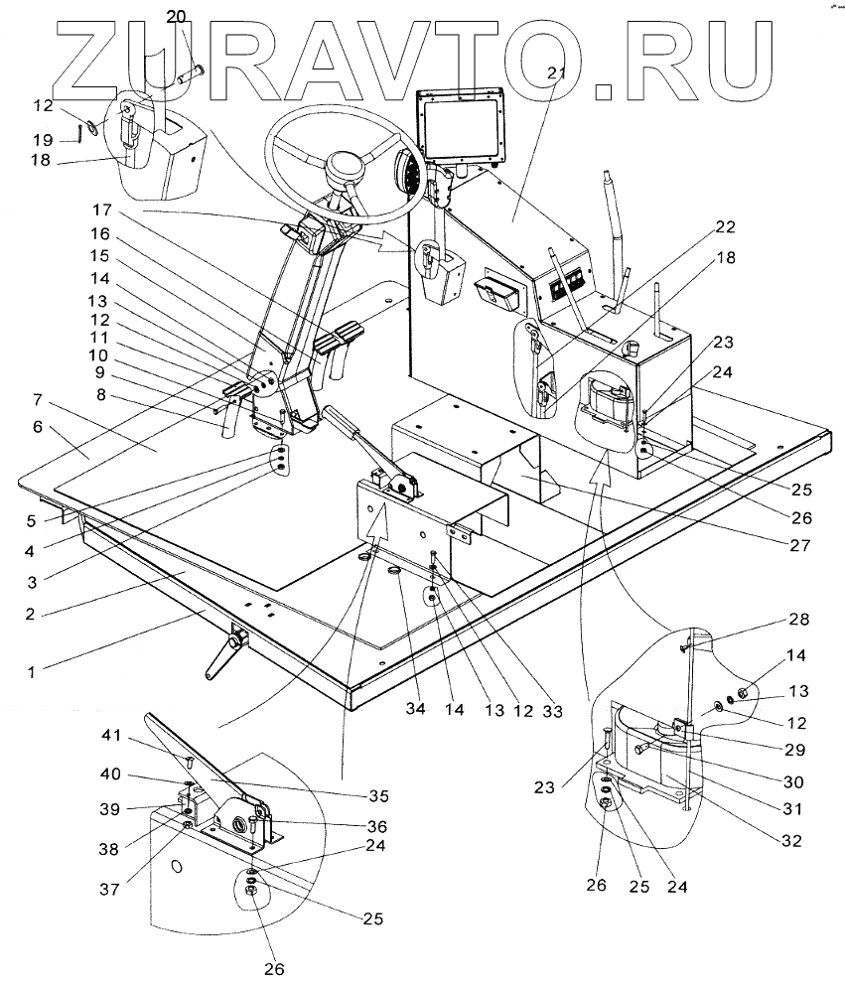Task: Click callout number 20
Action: (176, 16)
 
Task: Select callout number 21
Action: (555, 72)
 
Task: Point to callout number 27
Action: (800, 544)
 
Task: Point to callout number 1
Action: (31, 671)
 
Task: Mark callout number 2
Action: (31, 614)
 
